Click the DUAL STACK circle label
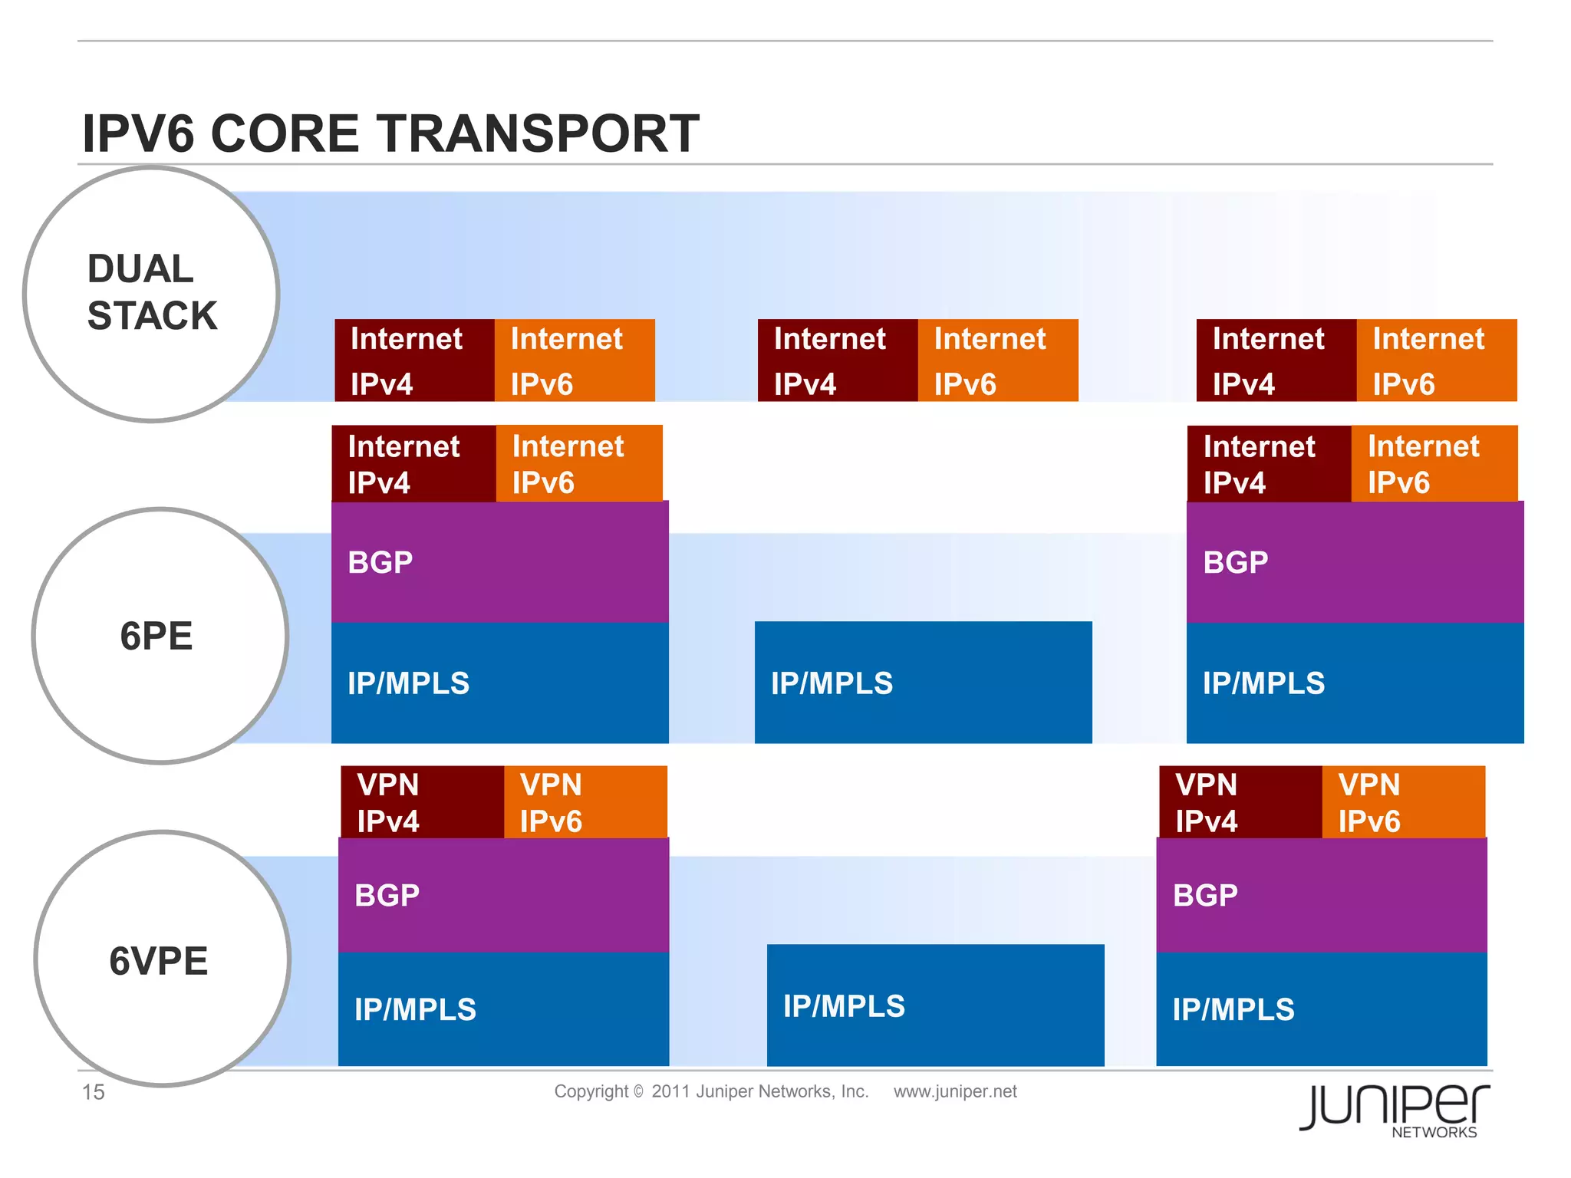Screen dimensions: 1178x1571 pyautogui.click(x=152, y=292)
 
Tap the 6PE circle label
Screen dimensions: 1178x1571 pyautogui.click(x=156, y=636)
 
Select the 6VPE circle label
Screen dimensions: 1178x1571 pyautogui.click(x=159, y=961)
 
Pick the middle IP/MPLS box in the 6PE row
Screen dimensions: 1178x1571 pyautogui.click(x=923, y=682)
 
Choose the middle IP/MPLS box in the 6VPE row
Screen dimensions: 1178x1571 pyautogui.click(x=935, y=1005)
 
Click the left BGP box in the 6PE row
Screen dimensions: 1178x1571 pyautogui.click(x=499, y=561)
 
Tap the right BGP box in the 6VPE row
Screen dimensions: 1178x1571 pyautogui.click(x=1321, y=895)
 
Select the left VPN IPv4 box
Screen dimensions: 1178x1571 pyautogui.click(x=422, y=802)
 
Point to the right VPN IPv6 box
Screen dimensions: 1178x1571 pyautogui.click(x=1403, y=802)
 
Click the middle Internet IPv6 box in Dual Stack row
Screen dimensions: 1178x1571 pyautogui.click(x=997, y=360)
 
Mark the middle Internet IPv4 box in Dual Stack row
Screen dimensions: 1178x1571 pyautogui.click(x=837, y=360)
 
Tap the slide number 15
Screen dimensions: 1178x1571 pyautogui.click(x=93, y=1092)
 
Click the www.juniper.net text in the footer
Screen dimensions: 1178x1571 pyautogui.click(x=954, y=1091)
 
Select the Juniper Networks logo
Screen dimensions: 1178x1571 pyautogui.click(x=1394, y=1110)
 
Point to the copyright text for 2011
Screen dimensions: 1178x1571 pyautogui.click(x=711, y=1091)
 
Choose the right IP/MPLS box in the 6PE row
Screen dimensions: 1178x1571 pyautogui.click(x=1355, y=683)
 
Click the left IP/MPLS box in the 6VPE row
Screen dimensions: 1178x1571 pyautogui.click(x=503, y=1009)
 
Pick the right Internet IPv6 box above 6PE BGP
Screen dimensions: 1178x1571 pyautogui.click(x=1434, y=464)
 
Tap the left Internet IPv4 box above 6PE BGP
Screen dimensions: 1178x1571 pyautogui.click(x=413, y=464)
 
